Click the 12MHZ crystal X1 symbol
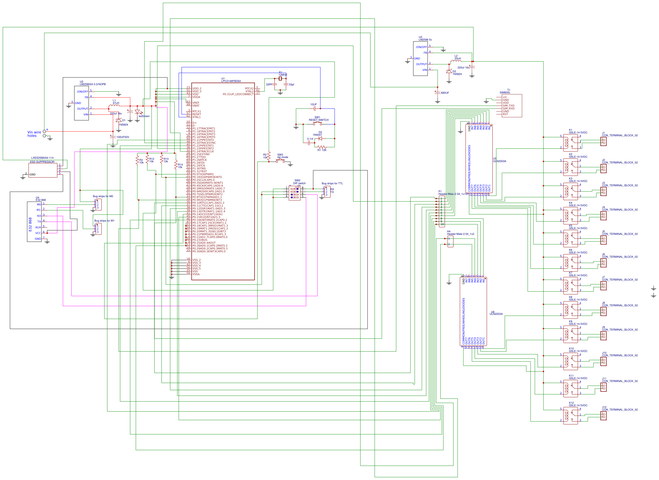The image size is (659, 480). coord(280,79)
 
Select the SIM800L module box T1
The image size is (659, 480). coord(512,105)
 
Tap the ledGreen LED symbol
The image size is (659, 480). coord(138,112)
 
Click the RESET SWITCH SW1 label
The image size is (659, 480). coord(318,120)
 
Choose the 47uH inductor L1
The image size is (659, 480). coord(114,105)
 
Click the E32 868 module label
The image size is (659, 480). coord(30,224)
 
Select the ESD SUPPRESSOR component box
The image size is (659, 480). coord(43,170)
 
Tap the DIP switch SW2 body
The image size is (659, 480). coord(294,193)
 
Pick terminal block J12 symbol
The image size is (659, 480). coord(604,416)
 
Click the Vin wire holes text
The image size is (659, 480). coord(34,134)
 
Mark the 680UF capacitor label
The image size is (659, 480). coord(445,93)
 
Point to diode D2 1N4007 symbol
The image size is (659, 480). coord(320,139)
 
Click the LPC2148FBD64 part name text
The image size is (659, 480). coord(231,81)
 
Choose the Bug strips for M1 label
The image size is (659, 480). coord(104,221)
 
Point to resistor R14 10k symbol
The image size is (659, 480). coord(176,165)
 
